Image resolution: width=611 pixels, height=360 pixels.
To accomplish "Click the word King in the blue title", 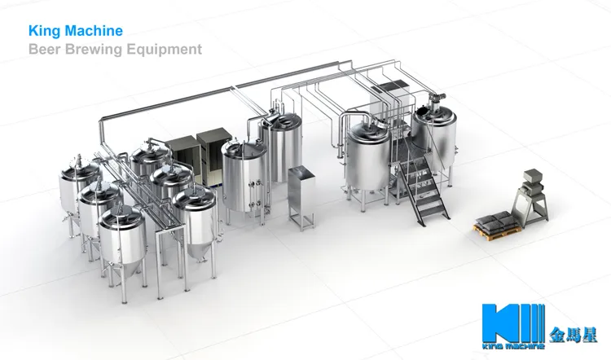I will point(42,31).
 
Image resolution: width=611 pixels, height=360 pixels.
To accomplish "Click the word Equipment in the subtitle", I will point(166,50).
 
